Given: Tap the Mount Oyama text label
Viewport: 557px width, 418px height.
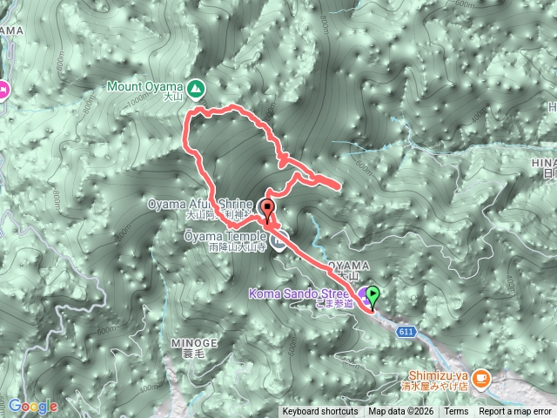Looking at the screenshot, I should point(144,85).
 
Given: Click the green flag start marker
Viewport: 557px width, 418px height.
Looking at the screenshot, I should point(373,295).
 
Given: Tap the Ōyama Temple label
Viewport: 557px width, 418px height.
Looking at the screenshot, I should point(221,235).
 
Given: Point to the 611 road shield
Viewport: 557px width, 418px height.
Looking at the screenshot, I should point(406,332).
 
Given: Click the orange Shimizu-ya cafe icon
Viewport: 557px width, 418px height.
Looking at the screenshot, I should point(485,378).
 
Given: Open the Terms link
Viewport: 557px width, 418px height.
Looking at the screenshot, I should point(455,411).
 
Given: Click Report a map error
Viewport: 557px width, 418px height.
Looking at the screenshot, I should point(515,411).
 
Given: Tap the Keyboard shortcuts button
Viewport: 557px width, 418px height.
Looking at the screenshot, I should point(319,411).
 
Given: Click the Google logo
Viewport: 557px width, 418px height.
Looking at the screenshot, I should point(33,406).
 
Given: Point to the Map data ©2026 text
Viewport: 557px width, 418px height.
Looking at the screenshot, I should point(401,411).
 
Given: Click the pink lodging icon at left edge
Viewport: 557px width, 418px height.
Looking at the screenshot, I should point(3,88).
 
